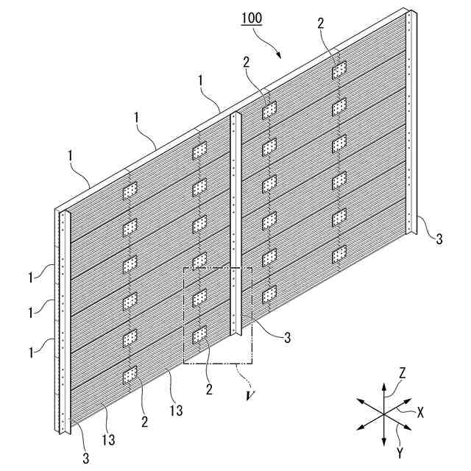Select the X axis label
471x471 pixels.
click(420, 413)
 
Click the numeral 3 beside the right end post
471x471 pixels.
click(439, 238)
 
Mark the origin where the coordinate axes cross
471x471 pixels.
click(384, 414)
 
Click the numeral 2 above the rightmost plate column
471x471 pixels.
click(321, 24)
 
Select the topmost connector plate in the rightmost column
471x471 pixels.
click(339, 70)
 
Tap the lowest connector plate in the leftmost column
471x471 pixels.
click(130, 375)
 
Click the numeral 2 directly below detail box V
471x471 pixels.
click(209, 389)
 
